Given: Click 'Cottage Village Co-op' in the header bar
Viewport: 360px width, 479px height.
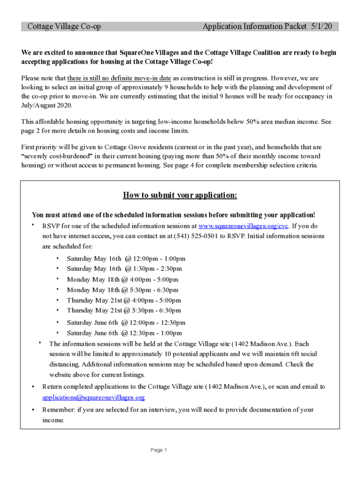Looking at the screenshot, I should [64, 27].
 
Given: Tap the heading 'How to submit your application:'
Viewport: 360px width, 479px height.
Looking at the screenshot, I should [180, 195].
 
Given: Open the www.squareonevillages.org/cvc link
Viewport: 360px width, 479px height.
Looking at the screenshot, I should [244, 226].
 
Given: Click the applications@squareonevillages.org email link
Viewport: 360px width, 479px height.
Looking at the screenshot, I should [94, 397].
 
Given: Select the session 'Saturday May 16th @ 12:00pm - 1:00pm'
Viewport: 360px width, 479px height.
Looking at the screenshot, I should [126, 258].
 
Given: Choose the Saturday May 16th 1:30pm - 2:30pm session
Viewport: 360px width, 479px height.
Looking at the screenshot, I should [124, 269].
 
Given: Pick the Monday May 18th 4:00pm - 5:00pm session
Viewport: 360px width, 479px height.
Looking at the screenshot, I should [122, 279].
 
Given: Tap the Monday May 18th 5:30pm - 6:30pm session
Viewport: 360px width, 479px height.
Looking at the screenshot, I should [122, 290].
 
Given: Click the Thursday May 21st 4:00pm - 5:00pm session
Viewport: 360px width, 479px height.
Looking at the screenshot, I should [124, 300].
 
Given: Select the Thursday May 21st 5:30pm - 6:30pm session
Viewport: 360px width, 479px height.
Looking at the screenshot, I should [124, 310].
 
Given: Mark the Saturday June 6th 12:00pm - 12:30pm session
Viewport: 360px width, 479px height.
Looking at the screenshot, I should [126, 322].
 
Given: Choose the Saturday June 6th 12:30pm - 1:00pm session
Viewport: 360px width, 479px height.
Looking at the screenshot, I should [124, 333].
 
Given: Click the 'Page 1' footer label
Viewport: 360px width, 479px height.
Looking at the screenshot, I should [158, 450].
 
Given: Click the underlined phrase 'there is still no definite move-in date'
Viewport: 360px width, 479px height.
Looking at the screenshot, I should [119, 78].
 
